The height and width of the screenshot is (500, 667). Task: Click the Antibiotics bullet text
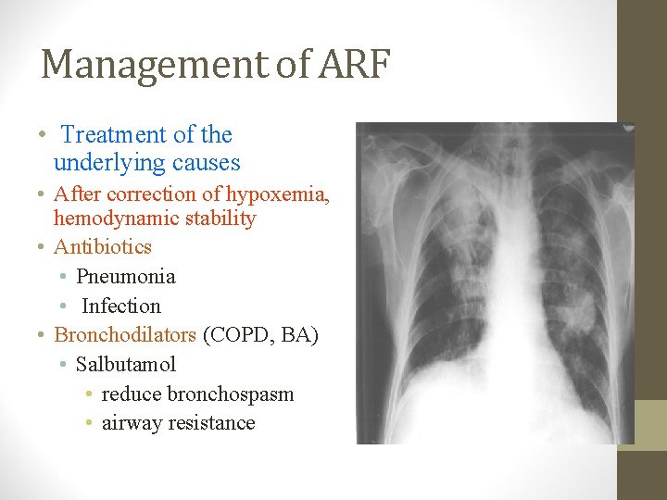pos(103,247)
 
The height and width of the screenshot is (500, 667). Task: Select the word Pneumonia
pos(125,277)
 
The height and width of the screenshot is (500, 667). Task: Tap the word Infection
pos(121,306)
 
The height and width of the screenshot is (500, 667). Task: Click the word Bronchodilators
pos(125,335)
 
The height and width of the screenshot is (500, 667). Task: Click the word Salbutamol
pos(126,365)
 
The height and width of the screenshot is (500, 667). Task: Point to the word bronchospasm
pos(231,394)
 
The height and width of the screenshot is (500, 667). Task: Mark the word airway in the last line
pos(130,423)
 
